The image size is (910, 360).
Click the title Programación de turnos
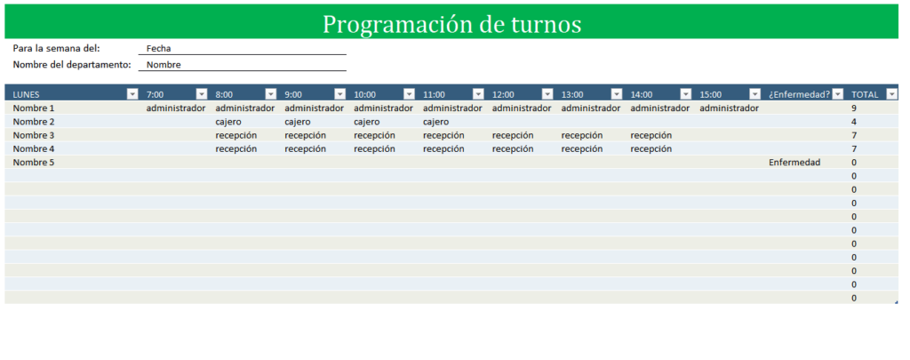click(x=451, y=24)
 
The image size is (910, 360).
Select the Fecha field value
click(x=158, y=49)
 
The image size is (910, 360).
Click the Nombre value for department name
click(x=164, y=65)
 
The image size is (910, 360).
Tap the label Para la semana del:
click(x=56, y=48)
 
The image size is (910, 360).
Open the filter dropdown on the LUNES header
click(x=133, y=94)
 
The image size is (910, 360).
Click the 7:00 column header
click(x=155, y=94)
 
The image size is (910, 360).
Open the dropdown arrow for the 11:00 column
click(x=478, y=94)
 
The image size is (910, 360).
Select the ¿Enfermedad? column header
click(x=799, y=94)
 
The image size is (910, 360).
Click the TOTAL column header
click(x=865, y=94)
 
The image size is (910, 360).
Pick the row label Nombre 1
click(x=34, y=108)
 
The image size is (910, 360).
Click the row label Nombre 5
click(x=34, y=163)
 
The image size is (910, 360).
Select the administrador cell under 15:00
click(x=729, y=108)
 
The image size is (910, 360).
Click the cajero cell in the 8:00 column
click(x=228, y=122)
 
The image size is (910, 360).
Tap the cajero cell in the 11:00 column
click(x=435, y=122)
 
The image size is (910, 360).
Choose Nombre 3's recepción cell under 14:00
click(x=651, y=135)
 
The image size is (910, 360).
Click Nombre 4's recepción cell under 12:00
click(x=513, y=148)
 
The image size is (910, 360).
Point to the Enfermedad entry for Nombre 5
click(x=794, y=163)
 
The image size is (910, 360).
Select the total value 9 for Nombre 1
click(x=854, y=108)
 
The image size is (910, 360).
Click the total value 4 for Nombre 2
click(x=854, y=122)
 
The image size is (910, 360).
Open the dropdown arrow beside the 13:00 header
click(x=617, y=94)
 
